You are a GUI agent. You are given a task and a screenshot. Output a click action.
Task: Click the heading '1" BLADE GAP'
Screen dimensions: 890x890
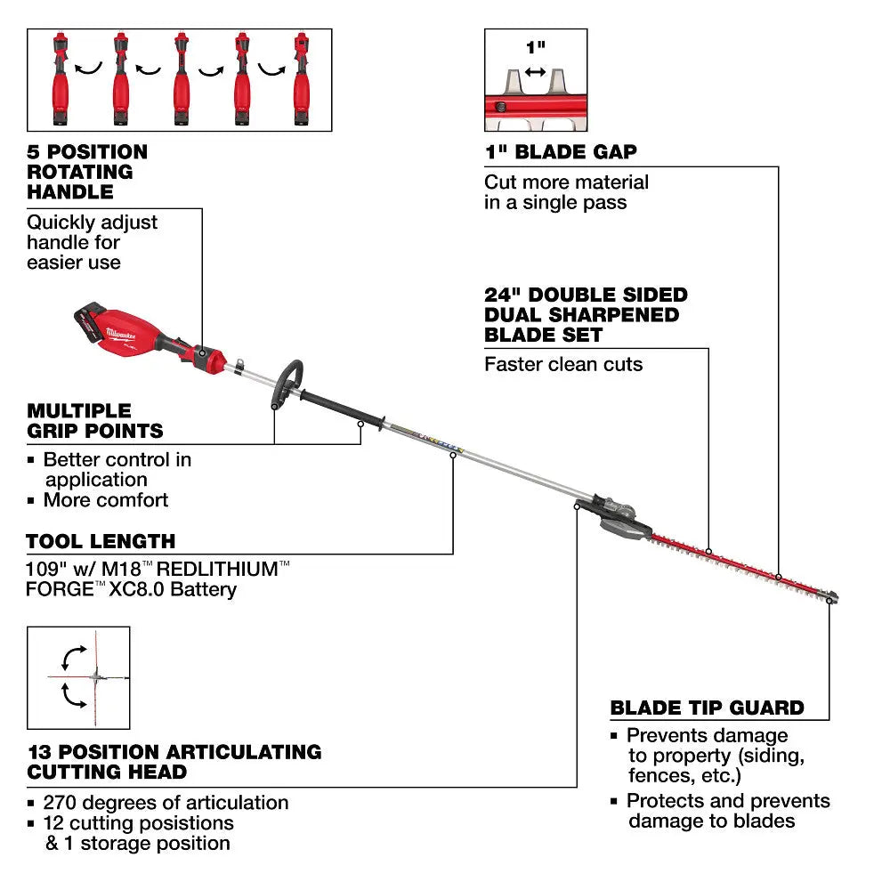(561, 152)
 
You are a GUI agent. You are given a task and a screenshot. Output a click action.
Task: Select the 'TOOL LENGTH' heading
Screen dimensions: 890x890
(101, 541)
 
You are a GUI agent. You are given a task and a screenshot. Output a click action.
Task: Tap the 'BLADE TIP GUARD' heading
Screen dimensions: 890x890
(707, 708)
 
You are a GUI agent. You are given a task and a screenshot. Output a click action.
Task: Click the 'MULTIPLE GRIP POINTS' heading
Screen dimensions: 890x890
(95, 421)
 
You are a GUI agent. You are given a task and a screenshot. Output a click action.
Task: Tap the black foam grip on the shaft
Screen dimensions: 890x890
(343, 413)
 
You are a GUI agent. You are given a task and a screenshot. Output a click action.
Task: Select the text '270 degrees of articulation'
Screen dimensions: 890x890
(166, 803)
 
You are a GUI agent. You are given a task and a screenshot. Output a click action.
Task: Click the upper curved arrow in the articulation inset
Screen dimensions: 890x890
(74, 658)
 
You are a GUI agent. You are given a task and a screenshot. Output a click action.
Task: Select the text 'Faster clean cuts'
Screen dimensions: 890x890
(563, 364)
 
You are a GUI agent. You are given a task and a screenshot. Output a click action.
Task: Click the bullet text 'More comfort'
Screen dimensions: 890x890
(105, 500)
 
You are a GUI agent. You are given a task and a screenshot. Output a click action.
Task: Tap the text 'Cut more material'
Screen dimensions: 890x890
(566, 182)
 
